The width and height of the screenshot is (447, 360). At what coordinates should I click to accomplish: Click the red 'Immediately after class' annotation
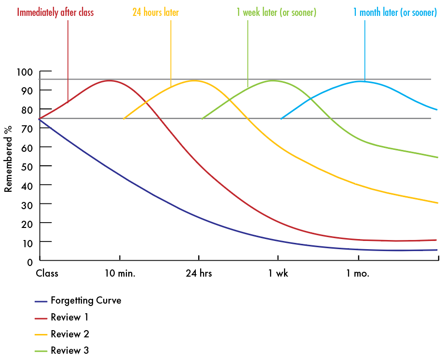55,13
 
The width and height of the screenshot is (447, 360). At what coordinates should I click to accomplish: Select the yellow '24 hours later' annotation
155,13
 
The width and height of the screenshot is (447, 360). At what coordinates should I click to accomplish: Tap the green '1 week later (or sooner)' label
276,13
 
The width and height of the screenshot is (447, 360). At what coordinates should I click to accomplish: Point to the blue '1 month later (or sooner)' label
395,13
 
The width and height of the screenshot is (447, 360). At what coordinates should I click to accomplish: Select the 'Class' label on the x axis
47,274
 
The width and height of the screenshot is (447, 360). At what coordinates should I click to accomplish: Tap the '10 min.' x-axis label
120,274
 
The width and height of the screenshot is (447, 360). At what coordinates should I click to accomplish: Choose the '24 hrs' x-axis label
199,274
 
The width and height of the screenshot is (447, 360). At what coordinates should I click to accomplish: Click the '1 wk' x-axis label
278,274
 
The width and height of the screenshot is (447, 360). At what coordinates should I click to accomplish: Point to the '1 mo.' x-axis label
358,274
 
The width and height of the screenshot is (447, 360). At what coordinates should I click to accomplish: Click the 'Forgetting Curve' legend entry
85,301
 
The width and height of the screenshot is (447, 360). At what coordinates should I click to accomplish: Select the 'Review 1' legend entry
69,318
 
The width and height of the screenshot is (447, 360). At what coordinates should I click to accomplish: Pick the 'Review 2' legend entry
69,334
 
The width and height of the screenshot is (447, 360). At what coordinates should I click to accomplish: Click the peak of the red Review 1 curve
109,80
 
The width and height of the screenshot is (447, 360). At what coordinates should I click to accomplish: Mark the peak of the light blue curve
360,81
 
